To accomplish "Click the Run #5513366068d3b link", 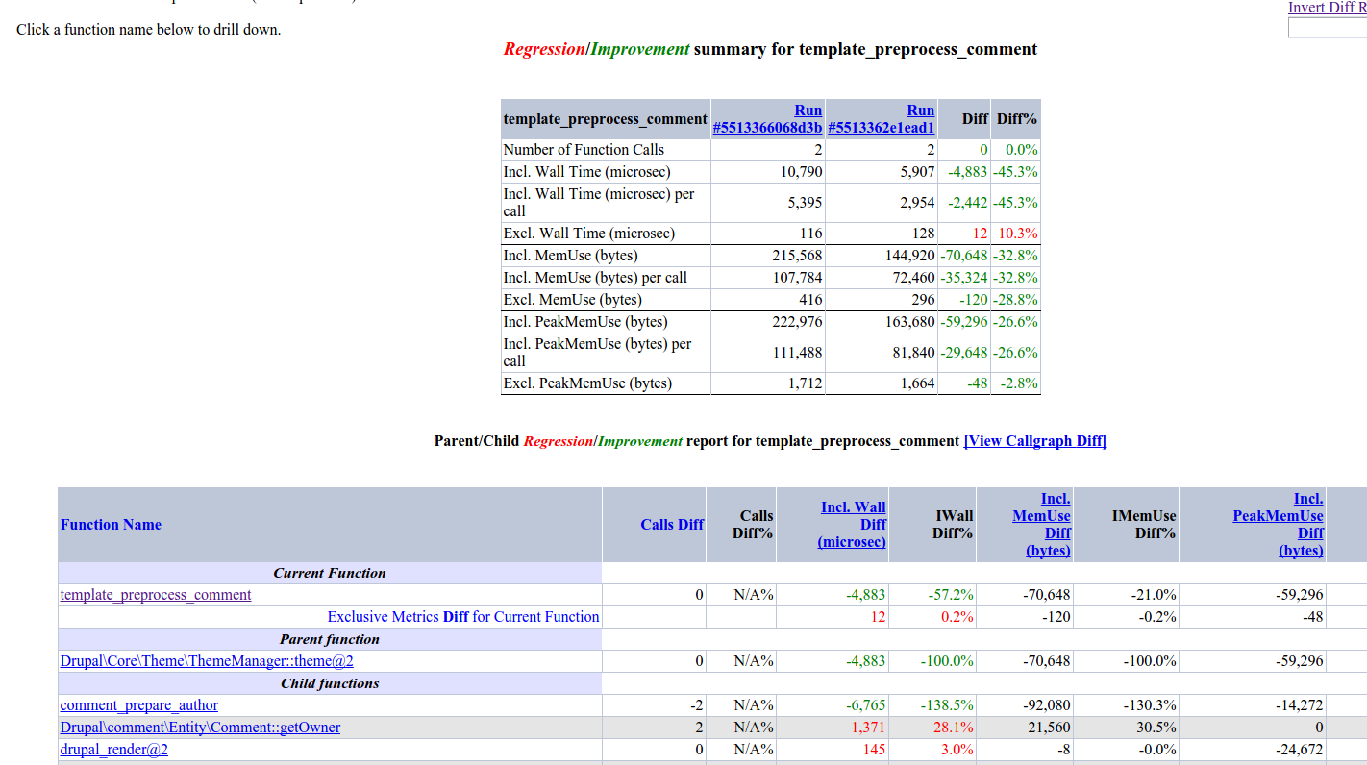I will pyautogui.click(x=767, y=119).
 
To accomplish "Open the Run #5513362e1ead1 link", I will pyautogui.click(x=881, y=119).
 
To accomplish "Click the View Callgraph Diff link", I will pyautogui.click(x=1034, y=441).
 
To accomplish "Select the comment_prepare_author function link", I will pyautogui.click(x=139, y=705).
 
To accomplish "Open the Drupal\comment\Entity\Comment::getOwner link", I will pyautogui.click(x=200, y=728).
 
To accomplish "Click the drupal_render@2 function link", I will pyautogui.click(x=114, y=750).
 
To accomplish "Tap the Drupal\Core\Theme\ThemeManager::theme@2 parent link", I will pyautogui.click(x=207, y=661).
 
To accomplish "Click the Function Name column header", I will pyautogui.click(x=111, y=525).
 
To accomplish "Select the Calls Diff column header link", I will pyautogui.click(x=672, y=525).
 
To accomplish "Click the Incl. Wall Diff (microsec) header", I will pyautogui.click(x=853, y=525).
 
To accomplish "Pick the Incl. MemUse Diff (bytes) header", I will pyautogui.click(x=1042, y=525).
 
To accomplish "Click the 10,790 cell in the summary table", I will pyautogui.click(x=801, y=172).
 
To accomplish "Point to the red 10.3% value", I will pyautogui.click(x=1017, y=234).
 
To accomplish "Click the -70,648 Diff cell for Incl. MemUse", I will pyautogui.click(x=963, y=256).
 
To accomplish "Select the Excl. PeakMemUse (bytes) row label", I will pyautogui.click(x=587, y=383).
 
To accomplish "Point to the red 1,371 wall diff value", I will pyautogui.click(x=868, y=728).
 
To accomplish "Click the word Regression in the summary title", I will pyautogui.click(x=544, y=49).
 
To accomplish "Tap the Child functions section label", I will pyautogui.click(x=330, y=683).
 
